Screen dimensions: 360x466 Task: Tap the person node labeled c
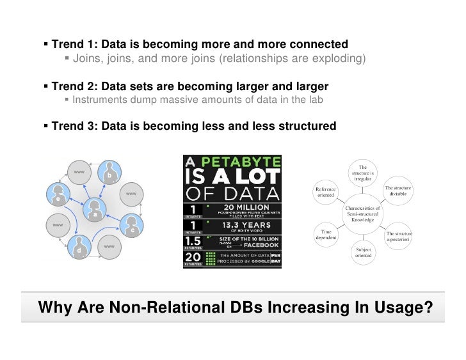tap(131, 225)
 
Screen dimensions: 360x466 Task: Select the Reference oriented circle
tap(326, 192)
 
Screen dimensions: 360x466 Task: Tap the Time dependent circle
tap(326, 235)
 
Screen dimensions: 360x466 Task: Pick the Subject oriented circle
tap(362, 253)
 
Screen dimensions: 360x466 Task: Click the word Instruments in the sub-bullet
tap(99, 100)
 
